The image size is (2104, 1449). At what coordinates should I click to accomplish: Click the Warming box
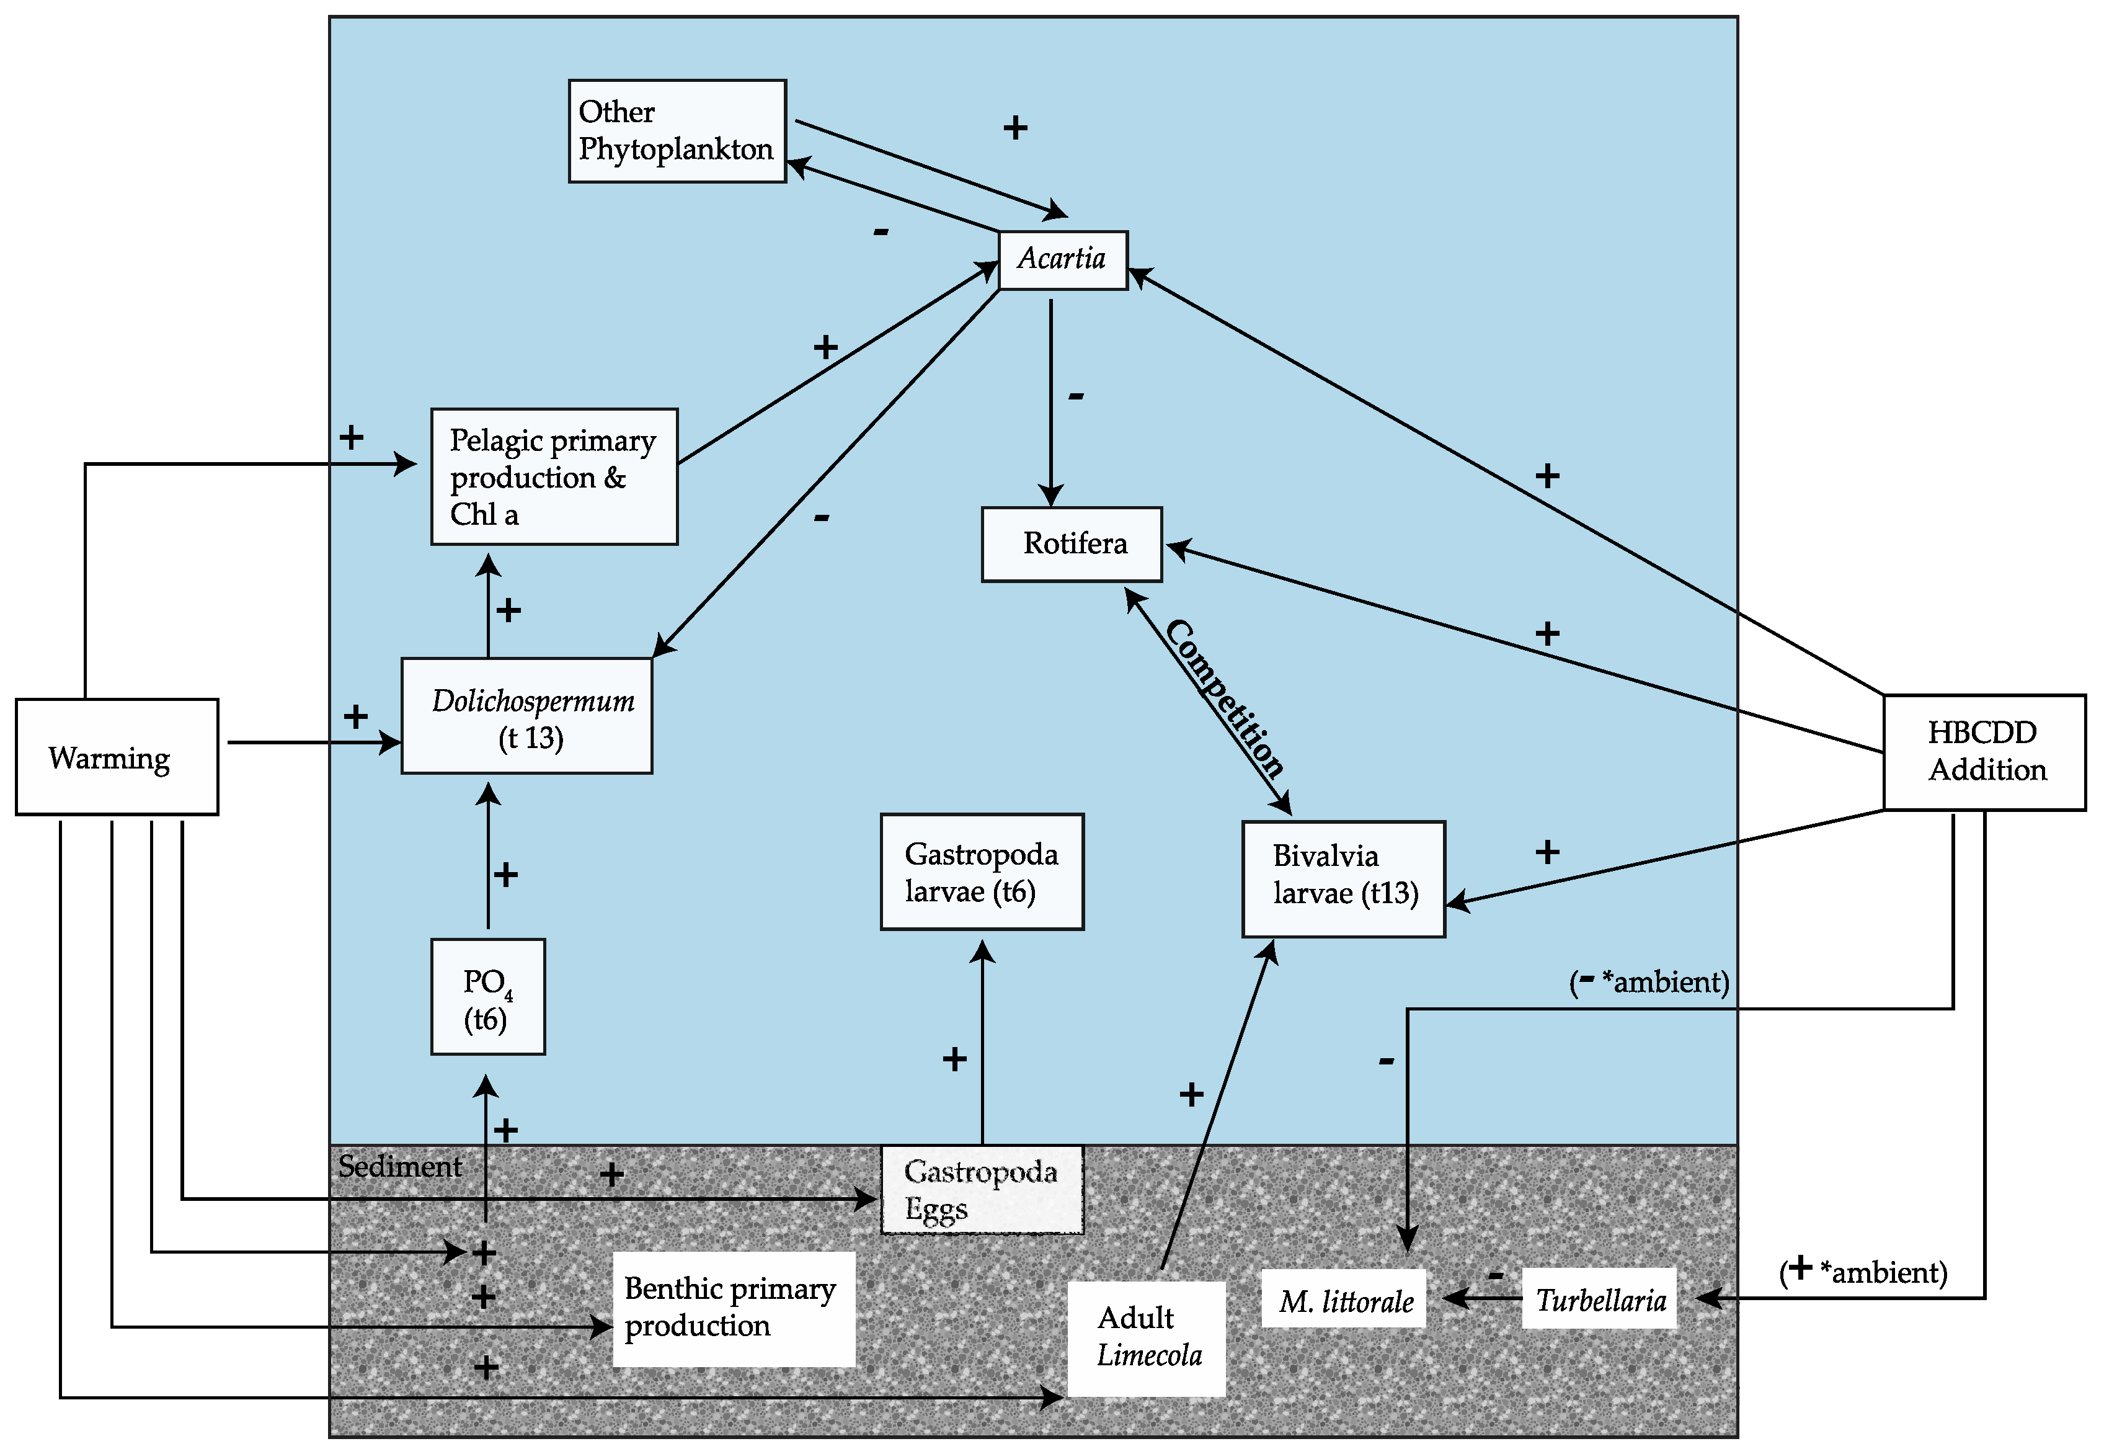click(117, 756)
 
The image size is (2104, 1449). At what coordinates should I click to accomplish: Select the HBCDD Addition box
click(1984, 752)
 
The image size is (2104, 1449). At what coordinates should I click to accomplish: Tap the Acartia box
click(1063, 261)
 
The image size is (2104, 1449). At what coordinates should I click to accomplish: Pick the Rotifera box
click(1072, 544)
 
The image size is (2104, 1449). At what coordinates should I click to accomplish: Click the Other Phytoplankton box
click(677, 131)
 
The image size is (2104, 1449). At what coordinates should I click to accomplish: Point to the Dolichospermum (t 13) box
click(526, 715)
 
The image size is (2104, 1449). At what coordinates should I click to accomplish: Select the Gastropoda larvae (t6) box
click(982, 872)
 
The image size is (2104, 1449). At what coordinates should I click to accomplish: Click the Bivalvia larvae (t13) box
click(1343, 879)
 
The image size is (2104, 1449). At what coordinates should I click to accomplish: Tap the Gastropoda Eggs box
click(982, 1189)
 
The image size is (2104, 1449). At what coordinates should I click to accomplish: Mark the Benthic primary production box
click(734, 1308)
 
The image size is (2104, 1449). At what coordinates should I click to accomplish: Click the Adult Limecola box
click(1147, 1338)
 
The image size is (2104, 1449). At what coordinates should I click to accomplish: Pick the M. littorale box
click(1343, 1298)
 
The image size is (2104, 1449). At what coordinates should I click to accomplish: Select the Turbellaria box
click(1599, 1298)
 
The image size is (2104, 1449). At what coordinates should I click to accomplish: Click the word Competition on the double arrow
click(1225, 698)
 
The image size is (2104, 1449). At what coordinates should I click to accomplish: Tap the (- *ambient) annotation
click(1649, 981)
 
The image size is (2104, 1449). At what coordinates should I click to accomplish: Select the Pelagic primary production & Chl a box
click(554, 476)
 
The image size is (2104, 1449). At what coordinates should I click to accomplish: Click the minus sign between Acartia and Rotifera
click(1076, 395)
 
